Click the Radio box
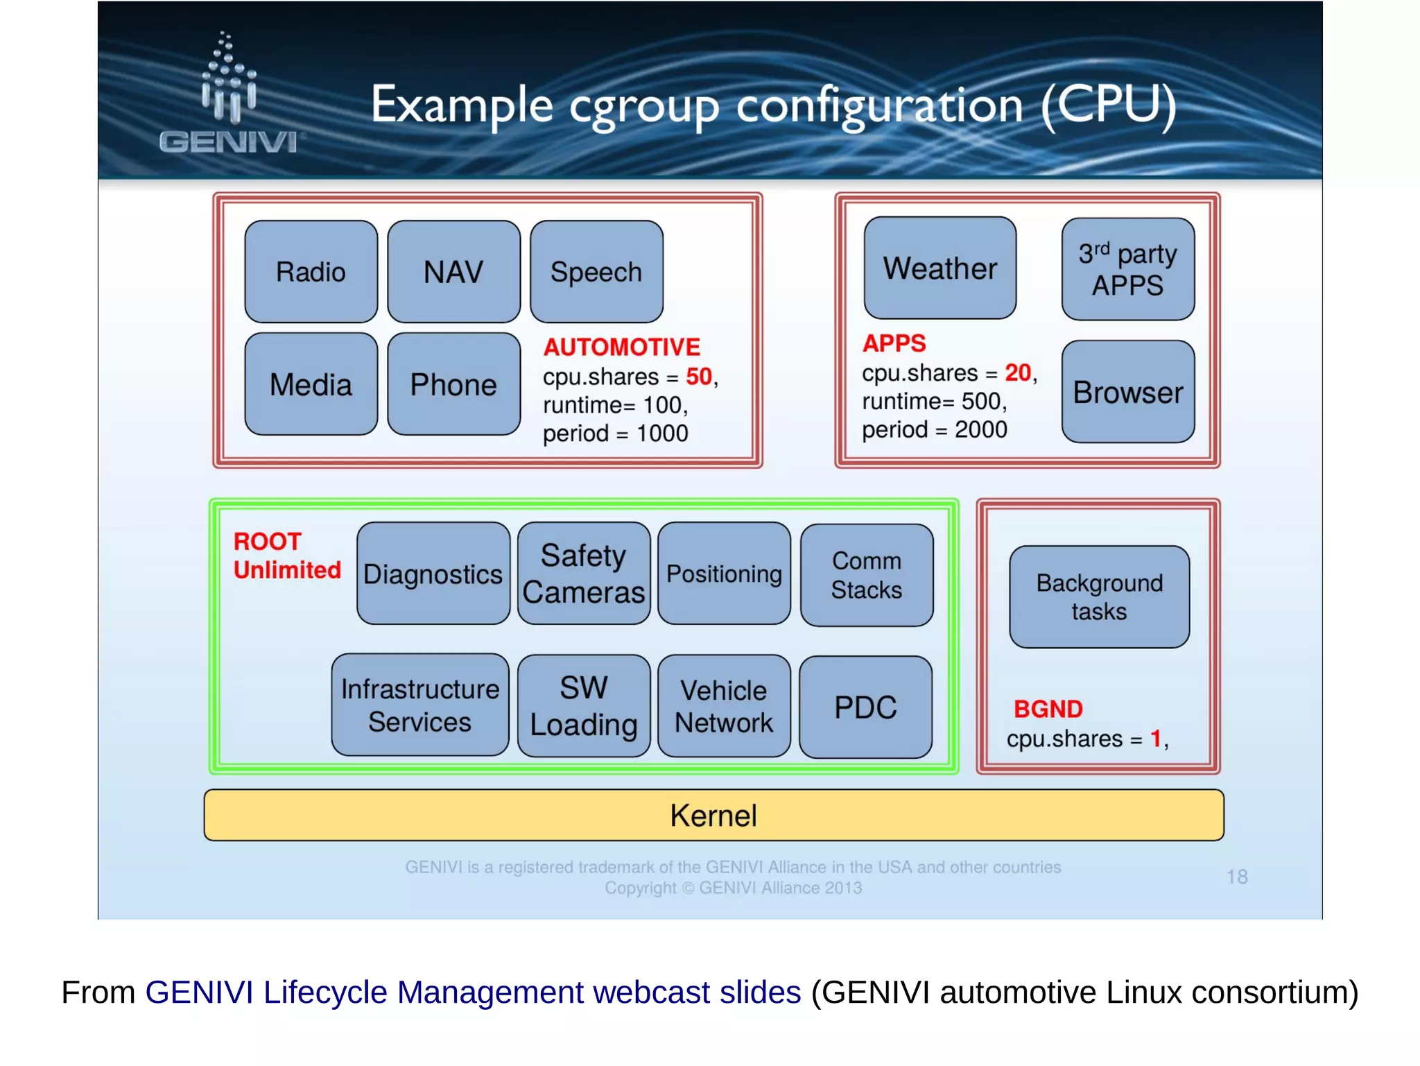[x=311, y=272]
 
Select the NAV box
[x=453, y=272]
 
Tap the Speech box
[x=596, y=272]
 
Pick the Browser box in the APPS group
[x=1127, y=392]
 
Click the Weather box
[x=940, y=268]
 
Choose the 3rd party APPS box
[x=1127, y=270]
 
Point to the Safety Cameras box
[x=583, y=574]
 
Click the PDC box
[x=865, y=707]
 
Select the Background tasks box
[x=1099, y=597]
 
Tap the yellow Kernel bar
[x=713, y=816]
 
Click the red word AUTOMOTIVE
[x=621, y=347]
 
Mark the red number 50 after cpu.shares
[x=698, y=377]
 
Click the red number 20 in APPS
[x=1018, y=373]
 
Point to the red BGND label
[x=1048, y=709]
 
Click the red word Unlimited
[x=287, y=570]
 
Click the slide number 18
[x=1237, y=877]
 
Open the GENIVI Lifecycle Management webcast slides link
[x=473, y=992]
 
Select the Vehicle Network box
[x=723, y=706]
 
